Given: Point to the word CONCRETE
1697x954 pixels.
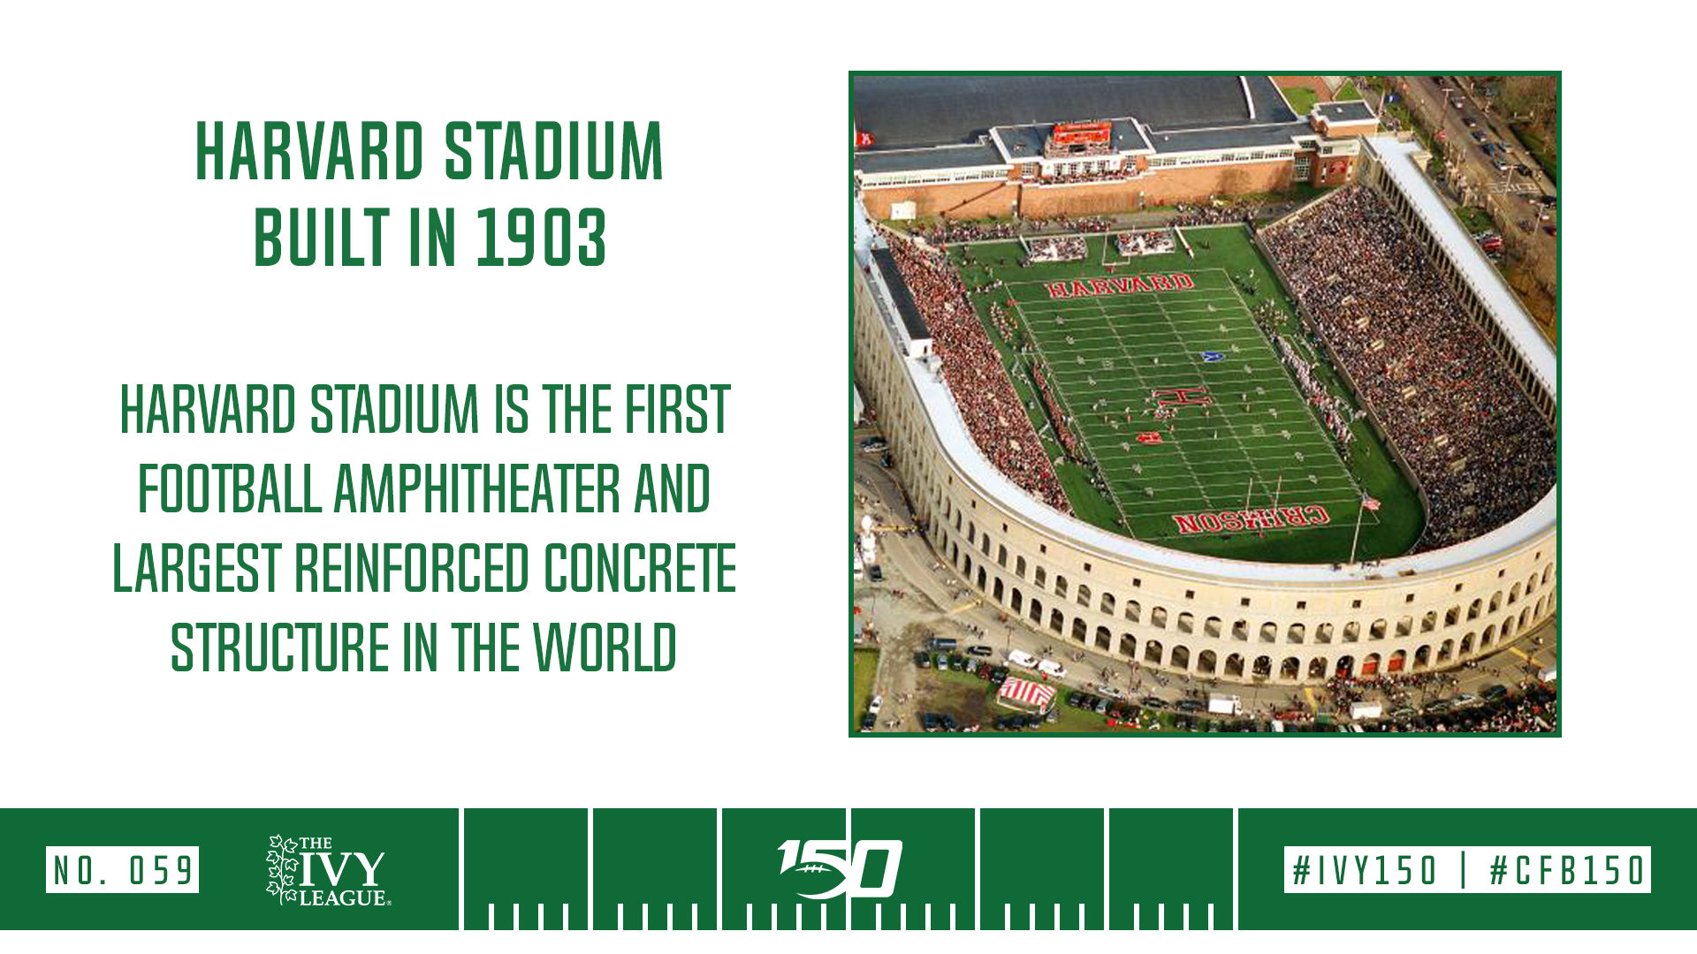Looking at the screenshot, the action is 640,567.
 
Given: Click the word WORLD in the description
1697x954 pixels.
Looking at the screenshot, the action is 605,647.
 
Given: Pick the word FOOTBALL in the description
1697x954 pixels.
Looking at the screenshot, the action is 230,488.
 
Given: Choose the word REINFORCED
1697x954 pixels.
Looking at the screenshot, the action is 412,567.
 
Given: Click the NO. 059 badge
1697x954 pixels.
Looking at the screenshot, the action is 122,870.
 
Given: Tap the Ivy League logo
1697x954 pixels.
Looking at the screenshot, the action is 327,871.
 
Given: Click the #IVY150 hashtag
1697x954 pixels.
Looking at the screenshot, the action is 1365,870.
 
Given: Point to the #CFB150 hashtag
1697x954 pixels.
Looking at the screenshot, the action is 1567,870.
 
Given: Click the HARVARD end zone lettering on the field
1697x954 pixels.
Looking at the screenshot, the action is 1120,285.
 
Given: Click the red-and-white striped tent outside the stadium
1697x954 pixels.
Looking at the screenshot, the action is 1026,693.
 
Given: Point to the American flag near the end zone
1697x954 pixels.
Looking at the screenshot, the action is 1371,503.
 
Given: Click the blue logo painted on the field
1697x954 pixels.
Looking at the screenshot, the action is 1213,356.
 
